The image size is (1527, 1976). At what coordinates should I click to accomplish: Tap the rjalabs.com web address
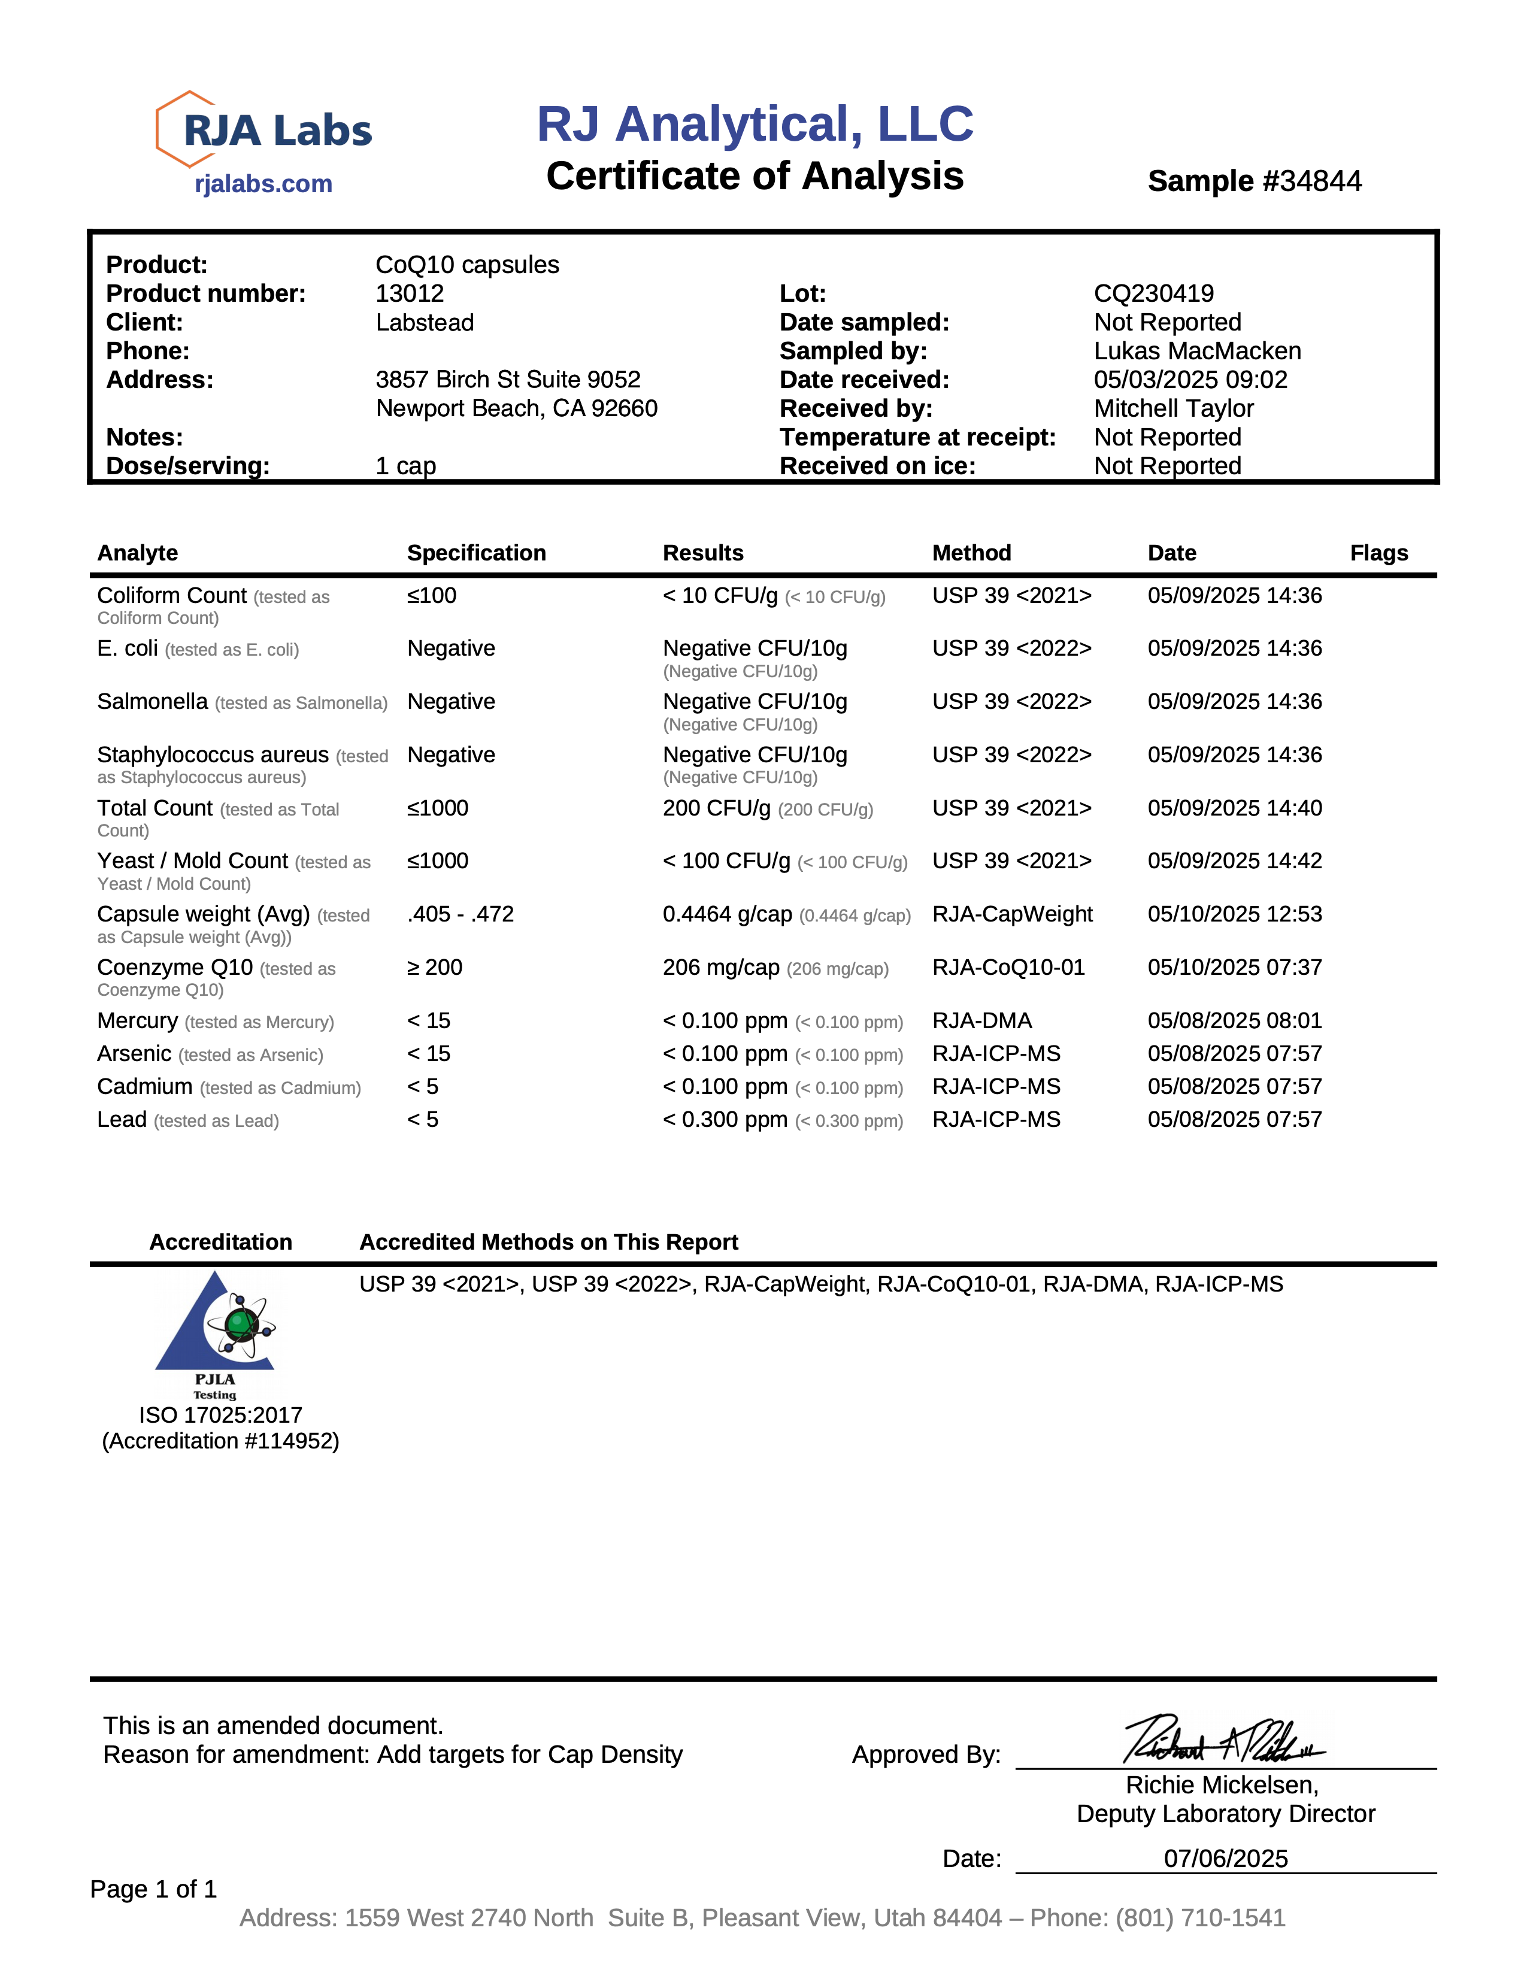point(263,184)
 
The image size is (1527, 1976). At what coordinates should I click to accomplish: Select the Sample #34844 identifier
point(1254,181)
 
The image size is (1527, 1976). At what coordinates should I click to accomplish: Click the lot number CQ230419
point(1153,293)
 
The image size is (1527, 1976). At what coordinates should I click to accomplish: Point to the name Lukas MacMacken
point(1197,351)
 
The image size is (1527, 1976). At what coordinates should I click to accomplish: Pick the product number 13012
point(410,293)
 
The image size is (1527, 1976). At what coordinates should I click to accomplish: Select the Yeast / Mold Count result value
point(726,861)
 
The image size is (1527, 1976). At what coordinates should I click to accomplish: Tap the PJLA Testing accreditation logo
point(216,1335)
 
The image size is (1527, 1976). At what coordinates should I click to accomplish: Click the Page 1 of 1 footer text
point(154,1889)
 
